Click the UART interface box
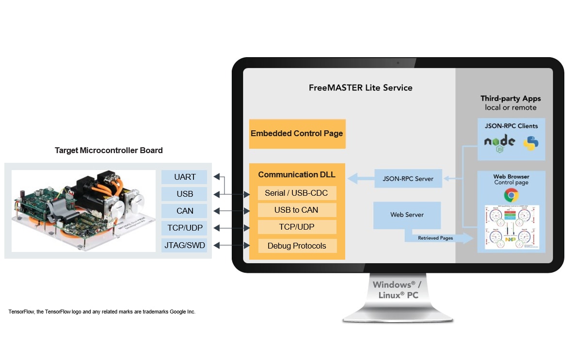(x=184, y=177)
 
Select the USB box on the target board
(x=184, y=194)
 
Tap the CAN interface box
(x=184, y=211)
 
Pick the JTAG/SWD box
(x=184, y=245)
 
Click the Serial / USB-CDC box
(x=296, y=193)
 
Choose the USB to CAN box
(x=296, y=210)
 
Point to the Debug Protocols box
(x=296, y=246)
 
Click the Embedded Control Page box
(x=297, y=134)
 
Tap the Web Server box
(x=407, y=215)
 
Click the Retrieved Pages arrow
(x=436, y=238)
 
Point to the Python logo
(x=531, y=143)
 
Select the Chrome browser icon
(x=511, y=195)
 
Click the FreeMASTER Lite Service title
(x=360, y=88)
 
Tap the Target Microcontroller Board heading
(x=109, y=150)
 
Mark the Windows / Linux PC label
(x=396, y=290)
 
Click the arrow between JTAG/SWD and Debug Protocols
(x=231, y=245)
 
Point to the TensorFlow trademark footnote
(x=102, y=312)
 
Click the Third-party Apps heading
(x=511, y=98)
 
